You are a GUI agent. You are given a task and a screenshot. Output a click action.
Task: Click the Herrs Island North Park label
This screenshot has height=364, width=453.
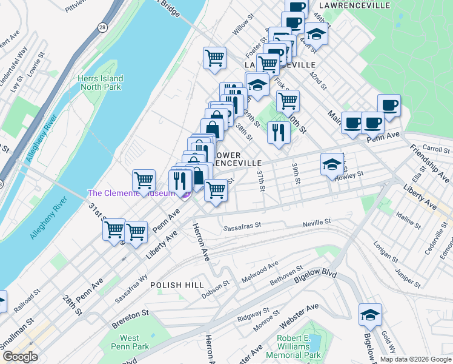(100, 83)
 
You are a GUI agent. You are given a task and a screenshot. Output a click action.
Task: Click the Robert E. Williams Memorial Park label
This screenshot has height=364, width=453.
(299, 346)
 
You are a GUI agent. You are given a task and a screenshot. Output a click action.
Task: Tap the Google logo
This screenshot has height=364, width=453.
(20, 357)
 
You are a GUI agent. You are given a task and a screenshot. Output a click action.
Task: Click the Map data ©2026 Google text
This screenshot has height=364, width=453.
(415, 359)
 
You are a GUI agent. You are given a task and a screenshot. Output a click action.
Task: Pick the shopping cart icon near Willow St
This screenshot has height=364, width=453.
(214, 58)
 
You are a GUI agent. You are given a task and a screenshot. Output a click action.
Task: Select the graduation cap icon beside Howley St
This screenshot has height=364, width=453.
(332, 164)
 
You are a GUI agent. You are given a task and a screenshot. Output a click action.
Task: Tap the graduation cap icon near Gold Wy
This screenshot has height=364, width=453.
(370, 315)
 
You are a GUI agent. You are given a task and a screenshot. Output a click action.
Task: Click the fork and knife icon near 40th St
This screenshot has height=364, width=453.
(278, 132)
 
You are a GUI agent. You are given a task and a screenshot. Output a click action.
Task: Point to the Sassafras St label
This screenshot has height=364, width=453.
(242, 226)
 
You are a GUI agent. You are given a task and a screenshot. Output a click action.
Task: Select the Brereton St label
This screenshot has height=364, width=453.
(128, 314)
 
